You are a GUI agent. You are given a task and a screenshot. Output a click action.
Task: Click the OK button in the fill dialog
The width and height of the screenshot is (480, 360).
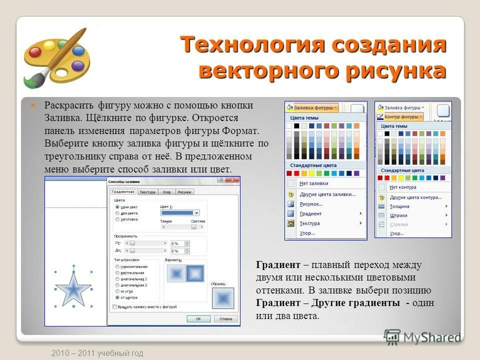tap(198, 318)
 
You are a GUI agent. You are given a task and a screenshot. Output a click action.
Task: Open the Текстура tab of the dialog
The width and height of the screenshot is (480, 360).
tap(147, 192)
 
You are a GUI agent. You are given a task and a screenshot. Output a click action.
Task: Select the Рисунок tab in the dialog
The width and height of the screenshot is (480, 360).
tap(184, 192)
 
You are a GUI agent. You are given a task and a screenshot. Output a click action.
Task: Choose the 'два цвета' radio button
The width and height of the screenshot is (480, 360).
tap(117, 213)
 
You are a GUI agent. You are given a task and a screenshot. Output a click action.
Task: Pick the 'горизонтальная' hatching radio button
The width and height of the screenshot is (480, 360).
tap(117, 266)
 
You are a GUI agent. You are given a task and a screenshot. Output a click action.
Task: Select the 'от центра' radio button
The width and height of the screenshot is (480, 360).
tap(117, 297)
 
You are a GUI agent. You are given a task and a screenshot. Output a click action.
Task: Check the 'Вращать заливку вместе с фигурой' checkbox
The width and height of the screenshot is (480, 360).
tap(115, 306)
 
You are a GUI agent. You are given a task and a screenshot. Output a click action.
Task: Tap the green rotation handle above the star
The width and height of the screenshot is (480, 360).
tap(73, 266)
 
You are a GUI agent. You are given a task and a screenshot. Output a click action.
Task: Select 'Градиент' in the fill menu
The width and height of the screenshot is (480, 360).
tap(311, 213)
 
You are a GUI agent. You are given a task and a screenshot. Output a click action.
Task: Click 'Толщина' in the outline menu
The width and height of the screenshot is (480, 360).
tap(399, 206)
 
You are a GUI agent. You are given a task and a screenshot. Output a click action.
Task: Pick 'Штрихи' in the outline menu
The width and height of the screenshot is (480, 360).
tap(398, 215)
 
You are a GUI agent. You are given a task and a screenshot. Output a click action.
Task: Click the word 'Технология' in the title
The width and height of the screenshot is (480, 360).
tap(242, 44)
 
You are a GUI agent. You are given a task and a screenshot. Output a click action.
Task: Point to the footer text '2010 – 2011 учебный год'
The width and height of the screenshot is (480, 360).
tap(97, 353)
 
